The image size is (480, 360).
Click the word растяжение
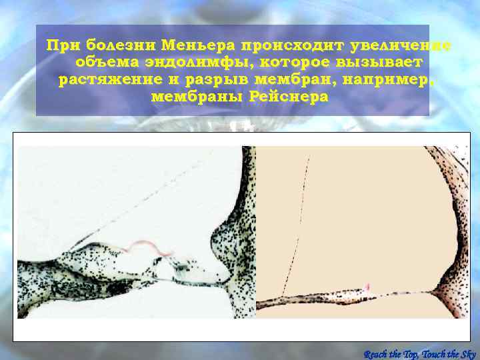coord(109,80)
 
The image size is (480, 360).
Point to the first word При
coord(60,46)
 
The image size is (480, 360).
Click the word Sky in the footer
coord(467,353)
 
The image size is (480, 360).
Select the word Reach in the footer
coord(378,353)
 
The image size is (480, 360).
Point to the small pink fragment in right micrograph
coord(367,286)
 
